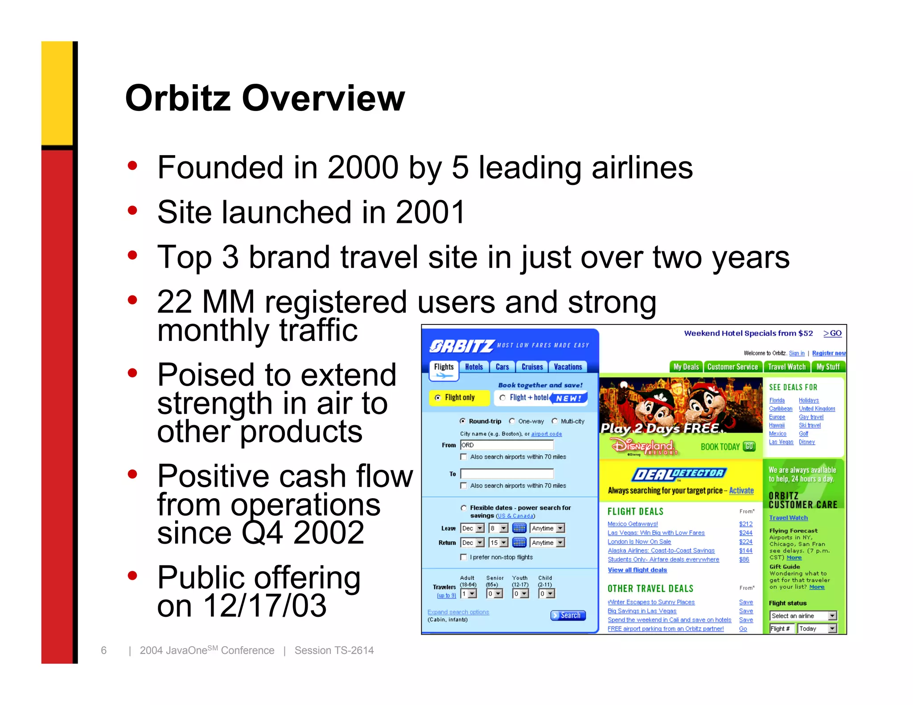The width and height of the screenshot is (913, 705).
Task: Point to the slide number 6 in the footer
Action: pos(103,650)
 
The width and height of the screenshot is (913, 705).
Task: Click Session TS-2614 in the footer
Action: pos(334,650)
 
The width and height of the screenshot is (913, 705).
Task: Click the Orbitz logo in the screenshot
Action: pos(461,346)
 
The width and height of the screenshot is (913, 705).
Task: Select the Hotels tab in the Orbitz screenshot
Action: pos(473,367)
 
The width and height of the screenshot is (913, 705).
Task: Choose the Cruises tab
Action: pos(532,367)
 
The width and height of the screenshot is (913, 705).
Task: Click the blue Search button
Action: pos(568,615)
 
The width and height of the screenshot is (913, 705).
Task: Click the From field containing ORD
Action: pos(506,445)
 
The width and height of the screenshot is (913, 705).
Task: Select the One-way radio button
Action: pos(512,421)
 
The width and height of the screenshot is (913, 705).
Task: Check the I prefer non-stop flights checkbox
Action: pos(464,557)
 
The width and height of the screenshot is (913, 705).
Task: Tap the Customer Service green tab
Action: pos(732,367)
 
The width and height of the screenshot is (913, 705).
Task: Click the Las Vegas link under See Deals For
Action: pos(781,442)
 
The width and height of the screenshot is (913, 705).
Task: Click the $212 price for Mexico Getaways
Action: pos(745,524)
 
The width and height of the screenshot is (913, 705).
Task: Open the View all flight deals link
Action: pos(637,570)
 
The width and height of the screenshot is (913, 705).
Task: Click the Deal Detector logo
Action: pos(679,474)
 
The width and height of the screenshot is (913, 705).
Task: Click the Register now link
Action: pos(828,353)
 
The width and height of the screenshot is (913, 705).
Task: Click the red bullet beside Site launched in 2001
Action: pos(132,210)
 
